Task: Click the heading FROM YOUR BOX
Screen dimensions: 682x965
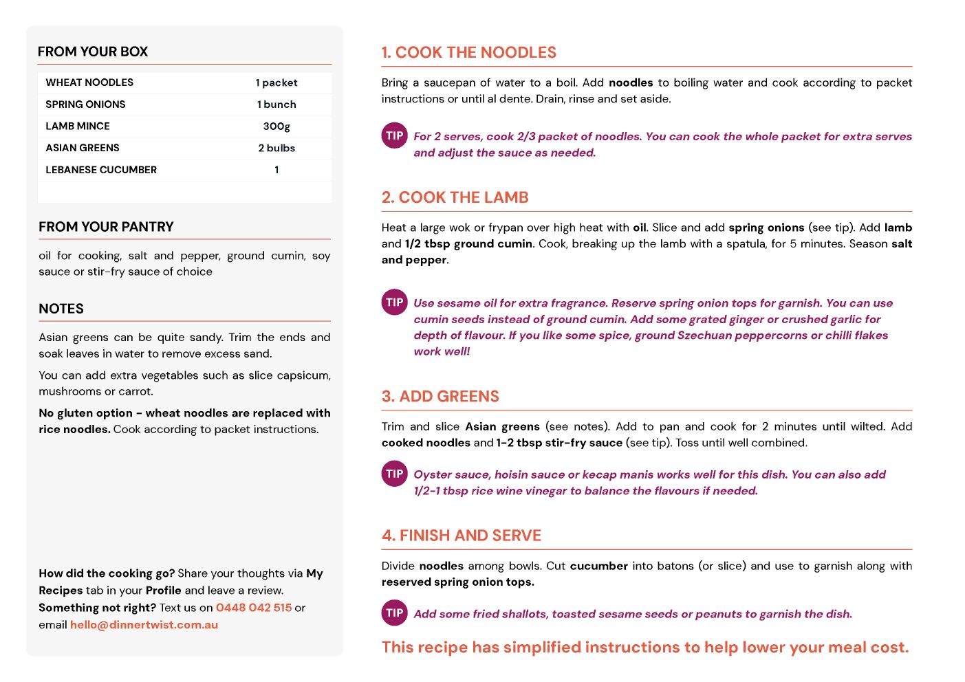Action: [x=93, y=52]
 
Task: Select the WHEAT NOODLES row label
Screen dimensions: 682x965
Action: [x=89, y=82]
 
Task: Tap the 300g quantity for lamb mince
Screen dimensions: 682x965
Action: [x=277, y=126]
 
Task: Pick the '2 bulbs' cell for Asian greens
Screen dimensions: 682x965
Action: [x=277, y=148]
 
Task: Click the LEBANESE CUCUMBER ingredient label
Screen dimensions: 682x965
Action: [x=101, y=170]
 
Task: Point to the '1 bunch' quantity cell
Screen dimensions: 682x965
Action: [x=277, y=104]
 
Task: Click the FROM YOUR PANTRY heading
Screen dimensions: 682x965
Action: [x=106, y=227]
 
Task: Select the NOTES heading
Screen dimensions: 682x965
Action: [x=61, y=309]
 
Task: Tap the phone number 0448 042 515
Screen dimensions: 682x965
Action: [x=254, y=608]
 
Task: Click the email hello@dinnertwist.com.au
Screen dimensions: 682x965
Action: [x=144, y=625]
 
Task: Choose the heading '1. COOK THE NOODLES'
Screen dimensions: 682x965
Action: [x=468, y=53]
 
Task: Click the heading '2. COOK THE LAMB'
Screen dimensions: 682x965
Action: [x=455, y=198]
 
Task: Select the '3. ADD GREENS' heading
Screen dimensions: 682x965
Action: [x=440, y=397]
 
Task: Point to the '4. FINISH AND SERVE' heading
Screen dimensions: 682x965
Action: [x=461, y=536]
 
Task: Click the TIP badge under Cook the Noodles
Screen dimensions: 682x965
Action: [x=395, y=135]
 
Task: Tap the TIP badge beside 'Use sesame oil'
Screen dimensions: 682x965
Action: [x=395, y=302]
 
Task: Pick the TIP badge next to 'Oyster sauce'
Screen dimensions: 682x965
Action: [x=395, y=474]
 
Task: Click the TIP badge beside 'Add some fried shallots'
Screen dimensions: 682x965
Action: [x=395, y=613]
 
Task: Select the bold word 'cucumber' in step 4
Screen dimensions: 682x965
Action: [x=598, y=566]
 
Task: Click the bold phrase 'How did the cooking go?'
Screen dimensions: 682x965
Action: [x=107, y=573]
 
